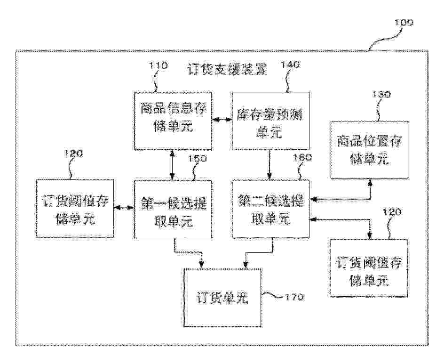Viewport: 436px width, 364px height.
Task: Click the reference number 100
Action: click(x=404, y=22)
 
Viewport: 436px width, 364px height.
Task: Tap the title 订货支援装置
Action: click(x=227, y=70)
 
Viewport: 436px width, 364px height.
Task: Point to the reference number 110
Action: click(x=159, y=65)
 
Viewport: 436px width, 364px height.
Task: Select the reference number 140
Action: click(x=291, y=65)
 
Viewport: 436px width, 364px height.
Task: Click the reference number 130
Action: click(x=381, y=94)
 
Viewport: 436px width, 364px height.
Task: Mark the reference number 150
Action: click(x=198, y=159)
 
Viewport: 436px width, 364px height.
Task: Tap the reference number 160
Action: click(x=303, y=158)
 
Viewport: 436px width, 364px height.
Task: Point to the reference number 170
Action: click(x=294, y=297)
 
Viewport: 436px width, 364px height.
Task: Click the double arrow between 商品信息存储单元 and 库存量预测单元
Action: click(x=222, y=120)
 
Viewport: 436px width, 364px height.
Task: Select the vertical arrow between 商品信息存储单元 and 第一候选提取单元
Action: click(x=173, y=165)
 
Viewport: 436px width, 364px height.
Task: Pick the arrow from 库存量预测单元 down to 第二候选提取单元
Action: click(x=269, y=165)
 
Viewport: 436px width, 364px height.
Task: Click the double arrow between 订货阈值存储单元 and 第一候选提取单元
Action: click(x=124, y=208)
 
